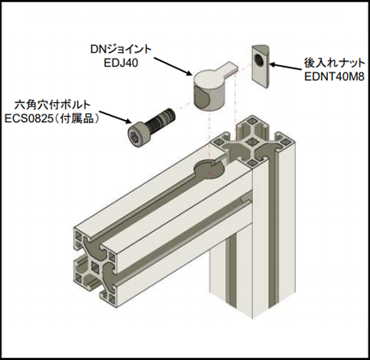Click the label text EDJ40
121,63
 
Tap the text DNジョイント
121,49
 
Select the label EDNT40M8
334,76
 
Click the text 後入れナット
334,63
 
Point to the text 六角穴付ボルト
52,105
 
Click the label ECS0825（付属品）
52,119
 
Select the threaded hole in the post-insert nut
259,60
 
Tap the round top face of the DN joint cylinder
209,79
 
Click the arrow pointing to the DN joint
173,66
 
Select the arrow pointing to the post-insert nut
286,66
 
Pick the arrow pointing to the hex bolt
116,117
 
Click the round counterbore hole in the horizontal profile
209,169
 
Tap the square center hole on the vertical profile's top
250,142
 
